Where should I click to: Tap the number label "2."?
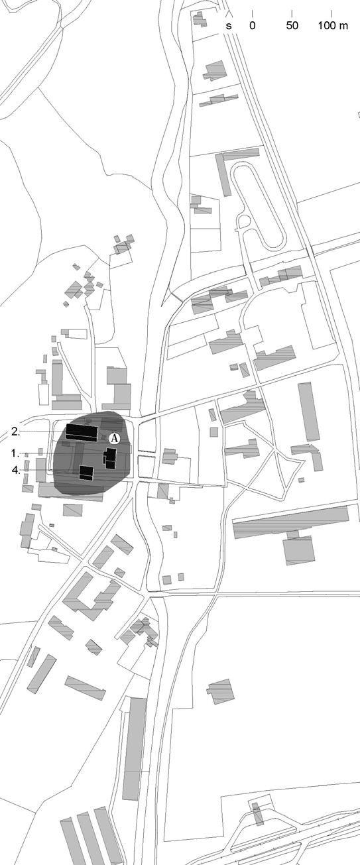16,432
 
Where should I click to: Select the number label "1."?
16,453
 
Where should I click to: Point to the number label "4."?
16,470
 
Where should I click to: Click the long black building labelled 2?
82,432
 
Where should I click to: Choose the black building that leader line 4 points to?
87,473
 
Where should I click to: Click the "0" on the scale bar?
252,26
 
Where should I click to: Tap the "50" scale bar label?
292,26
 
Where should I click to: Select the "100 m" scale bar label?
333,26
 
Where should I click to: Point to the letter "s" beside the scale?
229,27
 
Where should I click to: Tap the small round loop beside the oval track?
244,221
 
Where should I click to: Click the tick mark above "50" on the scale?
292,14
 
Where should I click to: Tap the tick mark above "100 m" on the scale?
331,14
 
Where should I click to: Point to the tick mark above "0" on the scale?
252,14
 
